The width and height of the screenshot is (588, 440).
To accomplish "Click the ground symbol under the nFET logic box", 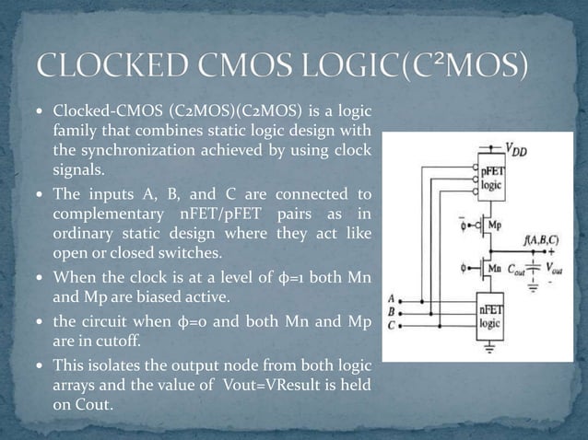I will click(x=489, y=348).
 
